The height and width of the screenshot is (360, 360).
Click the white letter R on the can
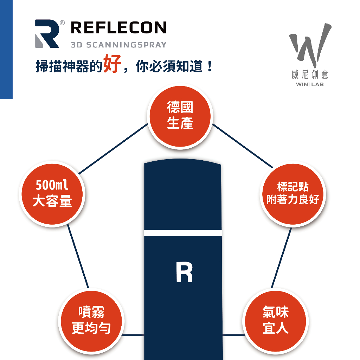point(184,273)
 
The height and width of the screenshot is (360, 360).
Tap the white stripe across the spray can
point(183,233)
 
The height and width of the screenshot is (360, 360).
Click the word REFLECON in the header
point(118,28)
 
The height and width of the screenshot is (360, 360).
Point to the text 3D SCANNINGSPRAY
point(118,45)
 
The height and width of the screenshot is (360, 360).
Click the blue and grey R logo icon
point(47,34)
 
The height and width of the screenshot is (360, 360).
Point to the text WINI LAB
point(310,85)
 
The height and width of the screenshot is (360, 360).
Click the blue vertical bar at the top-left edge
point(6,49)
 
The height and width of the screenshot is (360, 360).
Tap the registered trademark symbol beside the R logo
point(62,23)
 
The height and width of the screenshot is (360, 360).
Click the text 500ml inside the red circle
point(52,186)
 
